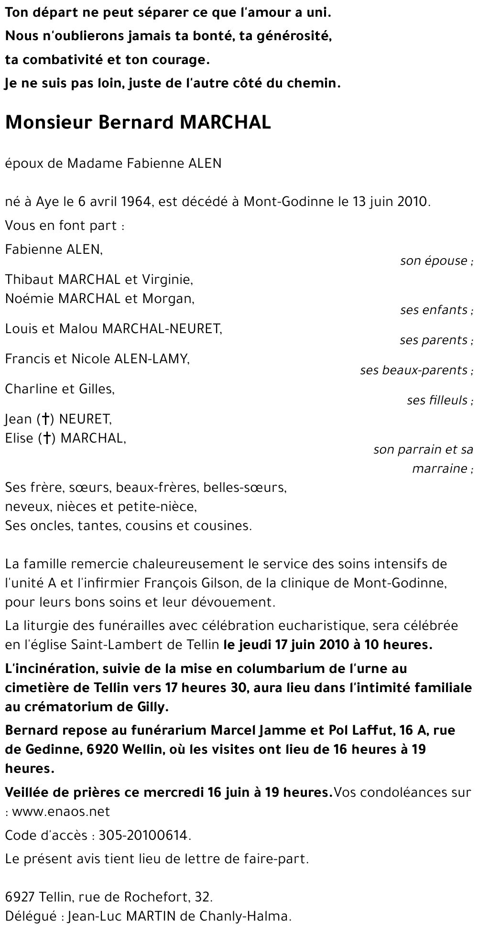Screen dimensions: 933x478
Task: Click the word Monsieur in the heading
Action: pos(49,123)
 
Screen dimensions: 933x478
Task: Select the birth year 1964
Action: pos(134,201)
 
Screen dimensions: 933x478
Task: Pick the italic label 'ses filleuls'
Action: pos(437,401)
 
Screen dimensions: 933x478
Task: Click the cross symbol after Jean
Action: pos(45,420)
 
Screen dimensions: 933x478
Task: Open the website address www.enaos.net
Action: pos(61,812)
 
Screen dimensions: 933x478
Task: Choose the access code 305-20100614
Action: pos(143,835)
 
